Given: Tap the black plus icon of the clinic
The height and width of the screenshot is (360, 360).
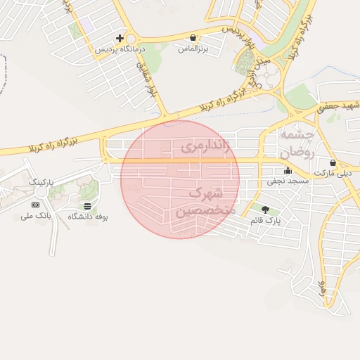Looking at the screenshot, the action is coord(120,38).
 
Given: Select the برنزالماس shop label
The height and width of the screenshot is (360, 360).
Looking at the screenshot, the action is coord(193,49).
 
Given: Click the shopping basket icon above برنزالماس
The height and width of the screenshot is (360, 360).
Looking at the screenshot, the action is coord(193,37).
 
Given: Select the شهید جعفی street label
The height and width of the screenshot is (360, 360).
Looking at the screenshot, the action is coord(337,107).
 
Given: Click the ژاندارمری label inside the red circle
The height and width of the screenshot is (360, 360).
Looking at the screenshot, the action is coord(205,146).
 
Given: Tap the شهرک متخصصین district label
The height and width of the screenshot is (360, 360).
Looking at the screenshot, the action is coord(199,202).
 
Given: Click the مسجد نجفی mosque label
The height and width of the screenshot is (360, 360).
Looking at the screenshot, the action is coord(286,181).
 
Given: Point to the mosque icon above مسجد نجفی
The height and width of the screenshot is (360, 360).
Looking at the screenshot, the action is coord(287,170).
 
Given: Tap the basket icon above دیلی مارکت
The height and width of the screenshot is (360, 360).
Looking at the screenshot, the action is coord(333,162).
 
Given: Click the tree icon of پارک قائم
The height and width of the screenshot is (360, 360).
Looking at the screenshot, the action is coord(265,210).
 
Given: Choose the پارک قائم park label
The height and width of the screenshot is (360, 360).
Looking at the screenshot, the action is coord(264,221).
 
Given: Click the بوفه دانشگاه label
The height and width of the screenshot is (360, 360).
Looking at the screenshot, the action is coord(87,217).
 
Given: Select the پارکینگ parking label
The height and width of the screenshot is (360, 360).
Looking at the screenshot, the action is coord(41,181).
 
